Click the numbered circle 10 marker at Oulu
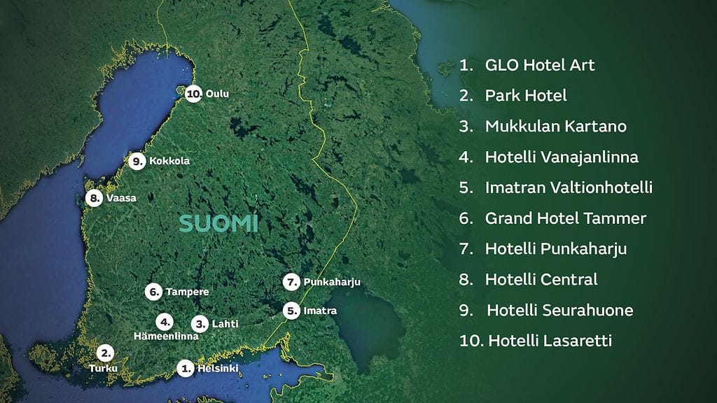point(194,94)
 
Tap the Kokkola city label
point(169,161)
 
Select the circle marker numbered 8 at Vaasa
point(95,198)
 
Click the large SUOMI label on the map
point(218,224)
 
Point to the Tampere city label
point(187,291)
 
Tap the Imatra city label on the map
point(320,310)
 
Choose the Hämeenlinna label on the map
point(166,336)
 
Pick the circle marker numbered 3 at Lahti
point(200,323)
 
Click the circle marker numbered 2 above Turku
point(105,353)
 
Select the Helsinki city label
point(218,368)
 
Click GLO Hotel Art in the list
point(539,66)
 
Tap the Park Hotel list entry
point(525,96)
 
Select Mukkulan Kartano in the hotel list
point(555,127)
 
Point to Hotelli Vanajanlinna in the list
point(561,157)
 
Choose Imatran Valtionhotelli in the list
point(568,188)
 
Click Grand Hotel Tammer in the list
point(565,218)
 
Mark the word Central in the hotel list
point(569,279)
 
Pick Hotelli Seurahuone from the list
point(559,310)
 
